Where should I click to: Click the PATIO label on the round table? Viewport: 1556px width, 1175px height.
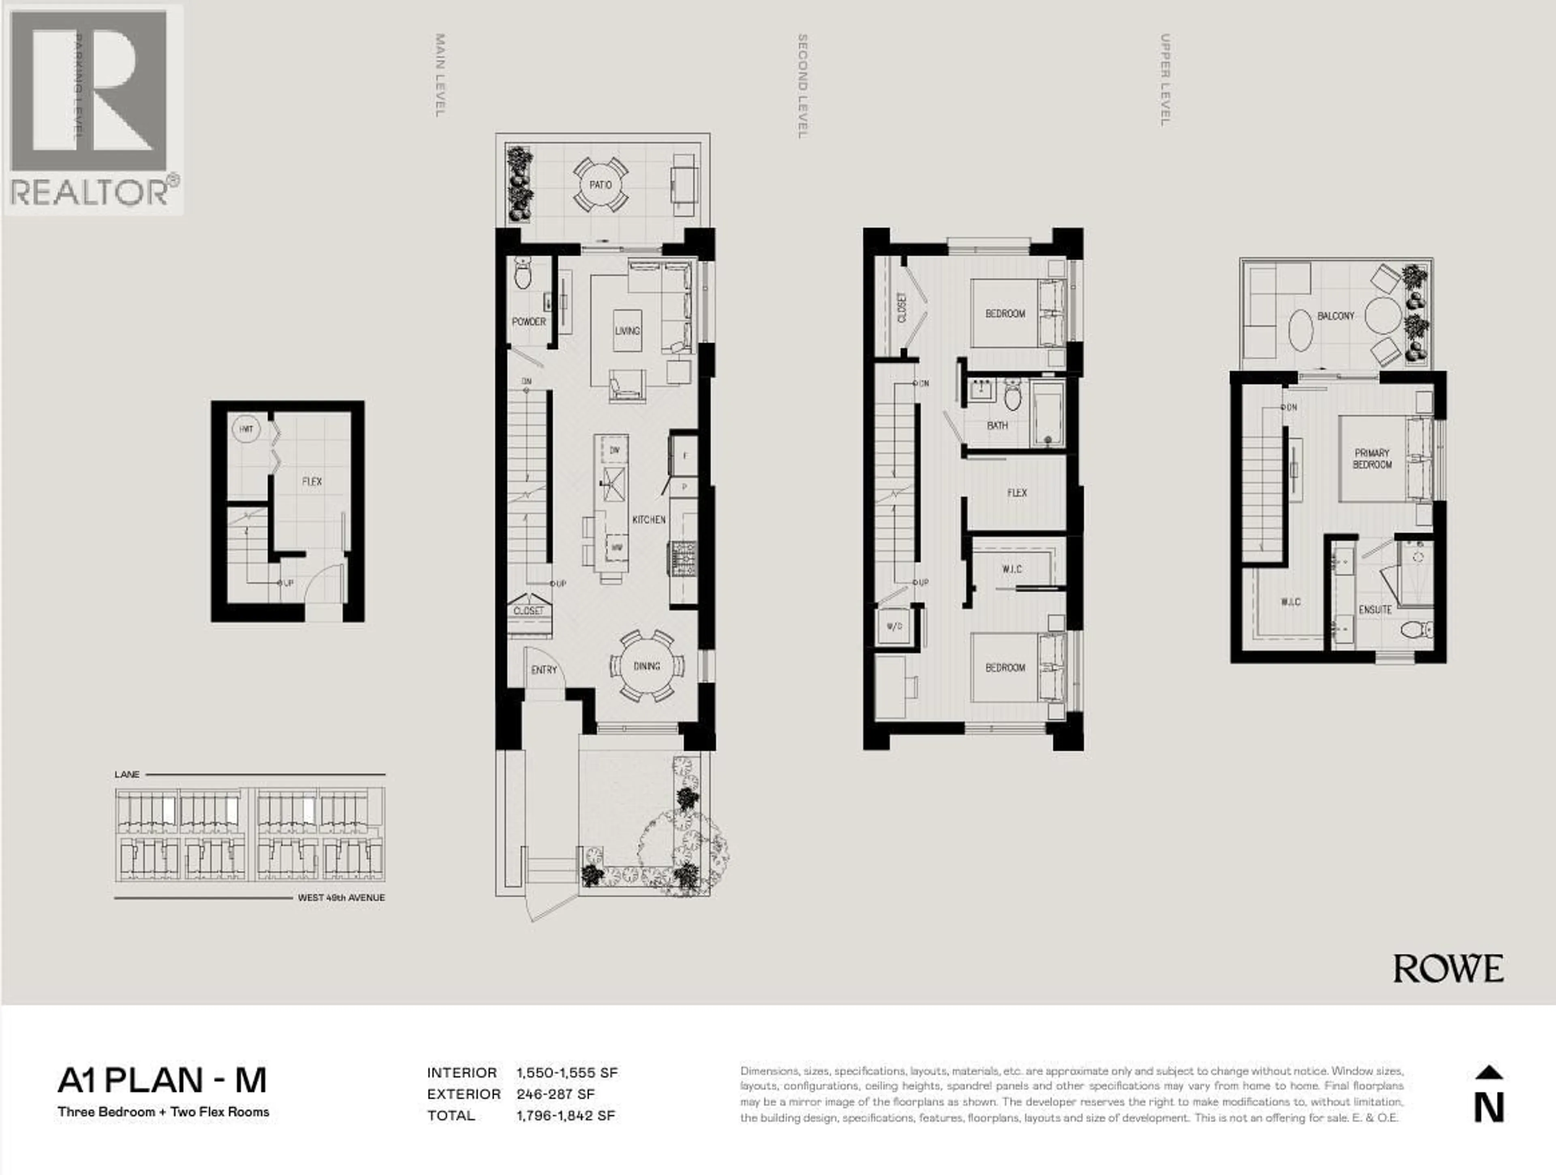pyautogui.click(x=600, y=185)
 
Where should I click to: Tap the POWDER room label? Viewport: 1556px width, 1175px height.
pyautogui.click(x=528, y=321)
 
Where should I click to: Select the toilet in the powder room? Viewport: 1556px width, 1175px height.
pyautogui.click(x=523, y=274)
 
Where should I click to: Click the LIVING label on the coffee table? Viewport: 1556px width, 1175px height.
pyautogui.click(x=627, y=331)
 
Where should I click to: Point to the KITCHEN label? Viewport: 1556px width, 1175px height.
pyautogui.click(x=649, y=519)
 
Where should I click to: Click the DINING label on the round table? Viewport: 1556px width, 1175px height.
pyautogui.click(x=646, y=666)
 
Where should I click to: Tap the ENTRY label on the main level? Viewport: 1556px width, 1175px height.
pyautogui.click(x=544, y=670)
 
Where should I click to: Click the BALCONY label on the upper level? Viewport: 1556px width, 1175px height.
pyautogui.click(x=1335, y=316)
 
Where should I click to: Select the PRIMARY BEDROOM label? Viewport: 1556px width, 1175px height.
pyautogui.click(x=1372, y=459)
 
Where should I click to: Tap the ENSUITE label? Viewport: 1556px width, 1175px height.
pyautogui.click(x=1374, y=609)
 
